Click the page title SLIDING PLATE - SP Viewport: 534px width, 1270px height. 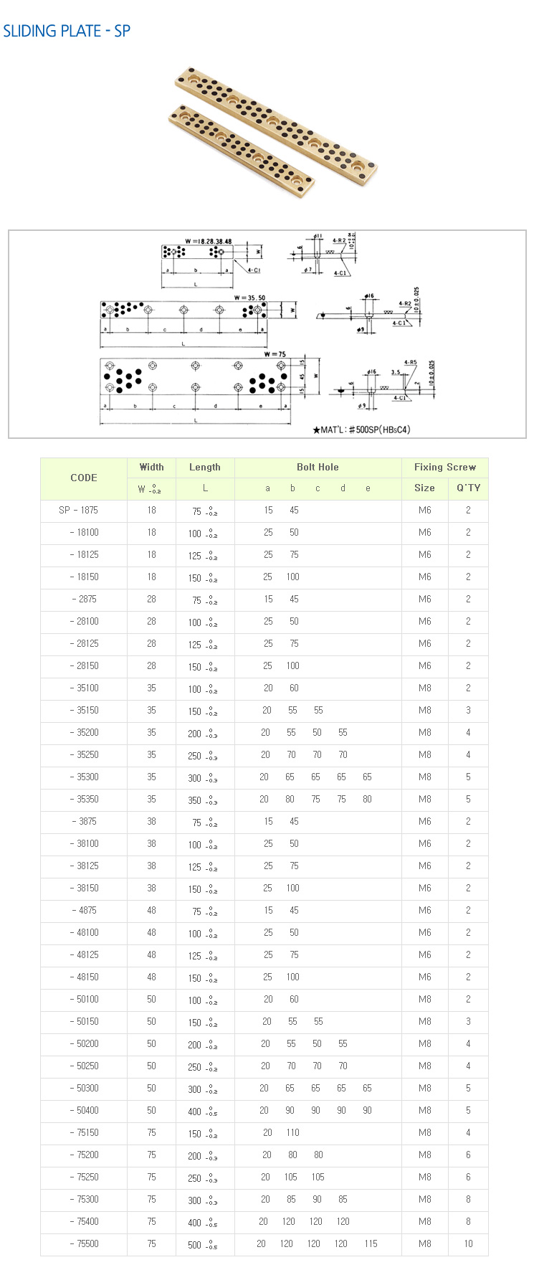pos(67,32)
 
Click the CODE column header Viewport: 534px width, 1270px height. pos(84,478)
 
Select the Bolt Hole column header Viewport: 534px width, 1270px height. pos(318,467)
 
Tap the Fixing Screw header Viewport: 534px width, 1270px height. pos(444,467)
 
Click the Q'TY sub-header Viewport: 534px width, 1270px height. pos(468,488)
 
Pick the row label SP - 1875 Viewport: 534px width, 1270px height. pos(79,511)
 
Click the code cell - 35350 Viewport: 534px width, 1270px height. pos(84,800)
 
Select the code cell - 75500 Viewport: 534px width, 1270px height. pos(84,1244)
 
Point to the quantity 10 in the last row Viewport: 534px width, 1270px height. pos(468,1244)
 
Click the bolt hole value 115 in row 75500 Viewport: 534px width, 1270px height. pos(370,1244)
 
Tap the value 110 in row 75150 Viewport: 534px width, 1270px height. pos(292,1133)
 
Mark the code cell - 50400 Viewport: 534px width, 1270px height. pos(84,1111)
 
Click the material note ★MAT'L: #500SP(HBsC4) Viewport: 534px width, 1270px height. pos(361,430)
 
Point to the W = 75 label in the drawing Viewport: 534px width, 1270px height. pos(275,354)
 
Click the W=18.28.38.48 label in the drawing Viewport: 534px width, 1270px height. pos(208,242)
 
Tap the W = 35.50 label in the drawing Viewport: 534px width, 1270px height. pos(250,298)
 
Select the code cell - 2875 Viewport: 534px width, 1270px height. pos(84,600)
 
